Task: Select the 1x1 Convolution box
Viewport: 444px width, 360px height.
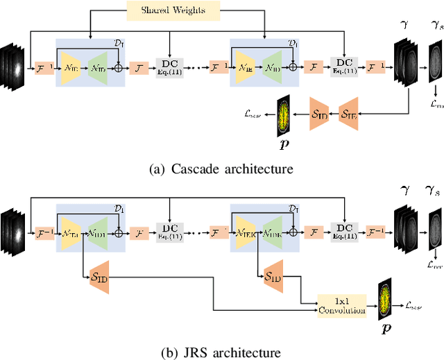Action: click(x=341, y=306)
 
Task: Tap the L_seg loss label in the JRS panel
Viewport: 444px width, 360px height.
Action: click(x=413, y=304)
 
